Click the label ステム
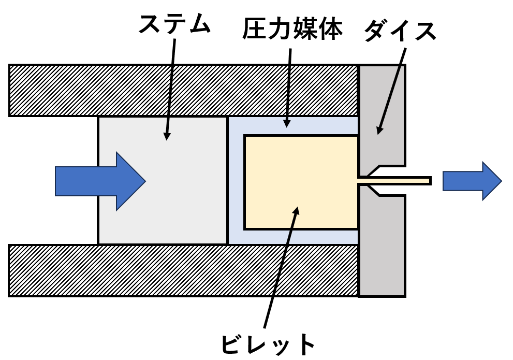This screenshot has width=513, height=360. coord(175,24)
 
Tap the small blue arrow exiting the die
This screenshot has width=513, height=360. coord(472,181)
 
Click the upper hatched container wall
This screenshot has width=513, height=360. coord(183,90)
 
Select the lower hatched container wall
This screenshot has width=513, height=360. coord(183,270)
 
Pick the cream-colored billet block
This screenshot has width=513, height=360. coord(301,182)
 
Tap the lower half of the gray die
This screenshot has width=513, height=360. coord(382,243)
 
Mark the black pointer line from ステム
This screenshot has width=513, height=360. coord(170,88)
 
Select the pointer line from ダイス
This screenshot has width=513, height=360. coord(391,88)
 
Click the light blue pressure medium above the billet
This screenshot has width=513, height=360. coord(300,126)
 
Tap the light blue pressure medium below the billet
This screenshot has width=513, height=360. coord(300,237)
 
